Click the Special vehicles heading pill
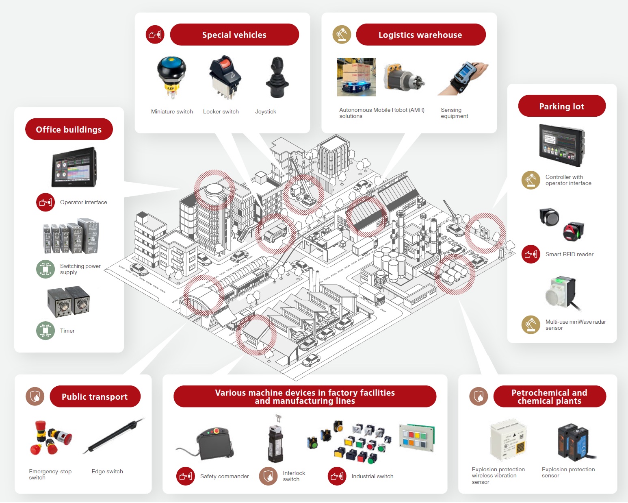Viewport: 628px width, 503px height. tap(234, 35)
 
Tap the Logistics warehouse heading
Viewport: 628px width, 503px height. tap(420, 35)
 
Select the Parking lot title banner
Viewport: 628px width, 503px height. tap(562, 106)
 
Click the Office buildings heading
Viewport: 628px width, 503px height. tap(69, 129)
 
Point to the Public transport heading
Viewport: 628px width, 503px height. tap(95, 396)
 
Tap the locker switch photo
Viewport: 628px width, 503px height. tap(225, 77)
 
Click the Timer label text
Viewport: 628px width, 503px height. tap(67, 331)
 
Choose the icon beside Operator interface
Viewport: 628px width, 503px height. tap(45, 202)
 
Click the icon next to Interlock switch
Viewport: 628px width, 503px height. tap(269, 476)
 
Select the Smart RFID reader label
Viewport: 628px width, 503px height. tap(569, 254)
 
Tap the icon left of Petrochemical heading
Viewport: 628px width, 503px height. tap(479, 396)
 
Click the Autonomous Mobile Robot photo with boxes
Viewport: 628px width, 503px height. tap(356, 77)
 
